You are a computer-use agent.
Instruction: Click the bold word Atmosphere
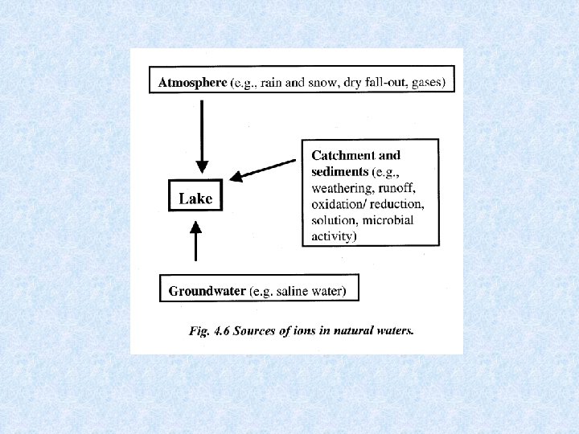[192, 83]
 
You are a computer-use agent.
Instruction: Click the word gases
[428, 83]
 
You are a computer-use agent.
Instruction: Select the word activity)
[335, 236]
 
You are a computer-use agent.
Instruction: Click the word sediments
[340, 171]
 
